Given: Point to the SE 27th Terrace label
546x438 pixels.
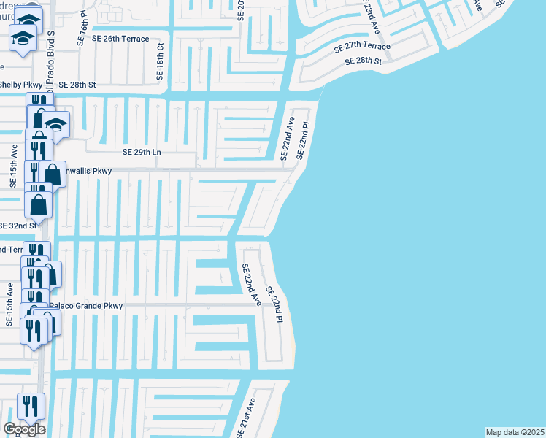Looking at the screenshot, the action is pyautogui.click(x=362, y=47).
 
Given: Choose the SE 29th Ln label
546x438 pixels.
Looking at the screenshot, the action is pyautogui.click(x=141, y=153).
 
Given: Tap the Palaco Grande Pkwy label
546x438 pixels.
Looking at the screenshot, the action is pyautogui.click(x=85, y=306).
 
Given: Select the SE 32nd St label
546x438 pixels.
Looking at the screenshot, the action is pyautogui.click(x=18, y=226).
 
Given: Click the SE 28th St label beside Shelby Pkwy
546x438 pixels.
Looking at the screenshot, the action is pyautogui.click(x=78, y=85).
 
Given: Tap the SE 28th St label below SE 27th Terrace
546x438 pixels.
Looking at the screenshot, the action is pyautogui.click(x=364, y=62).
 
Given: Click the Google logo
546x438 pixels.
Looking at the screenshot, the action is pyautogui.click(x=24, y=429).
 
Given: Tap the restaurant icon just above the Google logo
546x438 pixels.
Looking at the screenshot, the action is pyautogui.click(x=30, y=406).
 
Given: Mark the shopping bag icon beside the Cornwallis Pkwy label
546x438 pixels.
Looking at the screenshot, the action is pyautogui.click(x=53, y=174).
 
